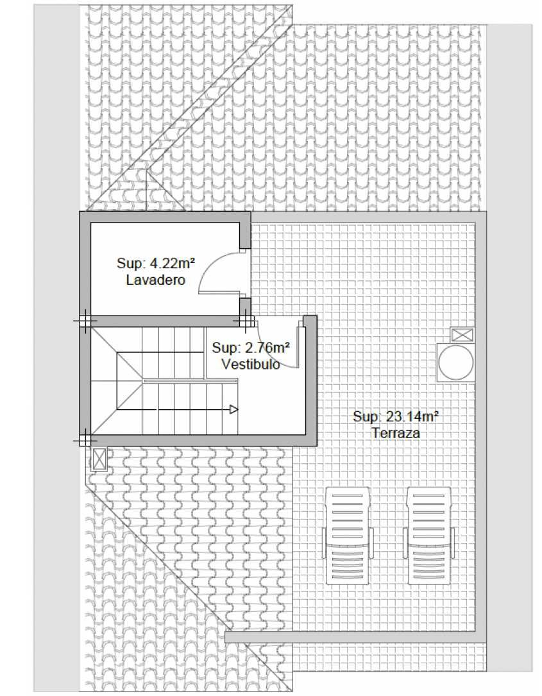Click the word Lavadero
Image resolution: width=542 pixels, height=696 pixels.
pyautogui.click(x=156, y=280)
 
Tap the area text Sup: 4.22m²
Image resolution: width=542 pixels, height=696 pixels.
pyautogui.click(x=156, y=263)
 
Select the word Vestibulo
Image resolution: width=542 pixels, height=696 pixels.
pyautogui.click(x=251, y=364)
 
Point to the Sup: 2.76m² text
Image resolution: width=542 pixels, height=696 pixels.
pyautogui.click(x=251, y=348)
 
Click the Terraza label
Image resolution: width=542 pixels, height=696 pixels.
pyautogui.click(x=396, y=433)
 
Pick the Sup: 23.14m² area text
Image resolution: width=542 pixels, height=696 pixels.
pyautogui.click(x=396, y=416)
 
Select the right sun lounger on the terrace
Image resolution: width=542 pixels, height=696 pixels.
pyautogui.click(x=429, y=536)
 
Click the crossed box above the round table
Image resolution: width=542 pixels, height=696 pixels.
pyautogui.click(x=462, y=335)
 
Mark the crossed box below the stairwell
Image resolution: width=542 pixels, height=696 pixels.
pyautogui.click(x=99, y=459)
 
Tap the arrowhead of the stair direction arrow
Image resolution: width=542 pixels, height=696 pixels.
pyautogui.click(x=234, y=409)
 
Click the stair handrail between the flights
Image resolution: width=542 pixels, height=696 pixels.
pyautogui.click(x=191, y=381)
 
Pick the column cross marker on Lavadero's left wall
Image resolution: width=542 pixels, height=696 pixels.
pyautogui.click(x=85, y=321)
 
